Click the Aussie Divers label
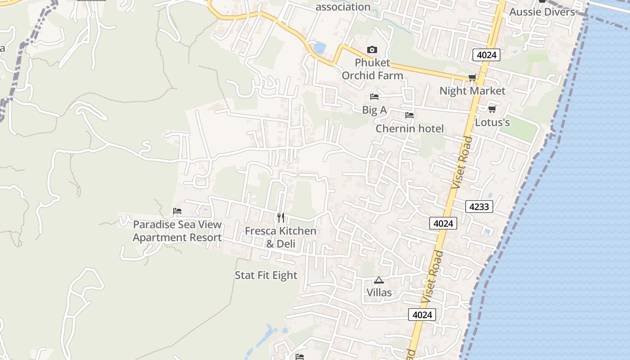542,12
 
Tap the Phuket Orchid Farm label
372,69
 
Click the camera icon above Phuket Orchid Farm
372,49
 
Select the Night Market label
472,91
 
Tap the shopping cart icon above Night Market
472,77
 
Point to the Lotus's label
492,122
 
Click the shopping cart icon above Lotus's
492,109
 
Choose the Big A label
374,110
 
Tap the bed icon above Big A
374,96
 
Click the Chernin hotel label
409,129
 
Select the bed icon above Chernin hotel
409,115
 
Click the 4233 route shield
479,207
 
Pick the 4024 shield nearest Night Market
486,55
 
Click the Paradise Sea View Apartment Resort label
177,231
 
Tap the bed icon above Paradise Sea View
177,211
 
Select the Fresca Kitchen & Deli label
280,237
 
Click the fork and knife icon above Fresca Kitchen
280,218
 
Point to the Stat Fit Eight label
266,275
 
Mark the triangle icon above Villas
379,280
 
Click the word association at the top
343,7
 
